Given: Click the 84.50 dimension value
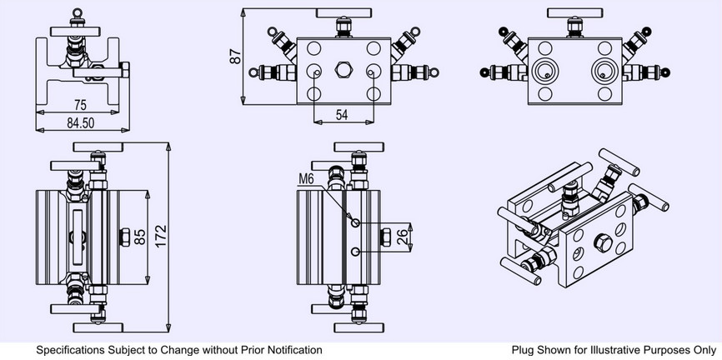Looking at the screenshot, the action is coord(81,123).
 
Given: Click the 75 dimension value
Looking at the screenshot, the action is coord(80,105).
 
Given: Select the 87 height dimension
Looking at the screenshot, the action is coord(236,57).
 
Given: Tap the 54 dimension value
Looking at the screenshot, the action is coord(342,115).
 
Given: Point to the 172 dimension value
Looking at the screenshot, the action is coord(161,236).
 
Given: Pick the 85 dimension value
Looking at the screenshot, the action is coord(139,237).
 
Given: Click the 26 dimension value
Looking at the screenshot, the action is coord(402,237).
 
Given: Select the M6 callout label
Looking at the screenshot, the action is coord(306,178).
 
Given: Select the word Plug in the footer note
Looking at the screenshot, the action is coord(522,350).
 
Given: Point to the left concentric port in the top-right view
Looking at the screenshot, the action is coord(544,72).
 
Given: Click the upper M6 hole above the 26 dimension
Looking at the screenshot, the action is coord(355,223).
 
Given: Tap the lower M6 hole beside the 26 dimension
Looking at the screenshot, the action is coord(355,252).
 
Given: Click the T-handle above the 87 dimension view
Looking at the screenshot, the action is coord(344,12).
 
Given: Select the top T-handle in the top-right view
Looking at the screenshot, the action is coord(574,12).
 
